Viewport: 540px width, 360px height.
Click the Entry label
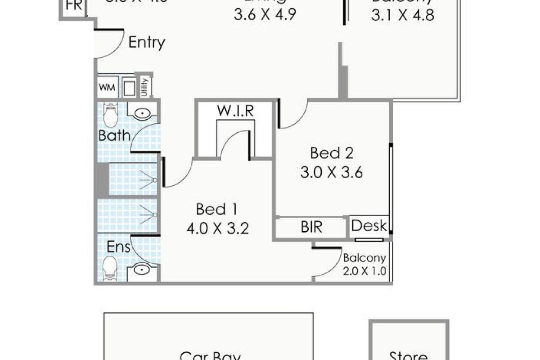(147, 43)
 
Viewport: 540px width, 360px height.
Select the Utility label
(144, 86)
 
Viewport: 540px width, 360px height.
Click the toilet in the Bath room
(109, 115)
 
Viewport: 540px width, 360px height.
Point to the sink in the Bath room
(142, 112)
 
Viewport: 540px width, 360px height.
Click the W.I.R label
(235, 111)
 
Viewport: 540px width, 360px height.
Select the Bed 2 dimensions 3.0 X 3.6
(331, 172)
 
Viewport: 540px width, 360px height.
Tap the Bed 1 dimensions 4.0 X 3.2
(217, 228)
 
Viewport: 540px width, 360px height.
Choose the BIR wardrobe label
(311, 227)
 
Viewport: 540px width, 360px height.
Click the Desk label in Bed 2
(369, 225)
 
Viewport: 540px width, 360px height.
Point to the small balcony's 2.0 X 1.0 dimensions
(364, 272)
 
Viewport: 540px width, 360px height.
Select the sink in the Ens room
(142, 270)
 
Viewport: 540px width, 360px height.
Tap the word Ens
(119, 247)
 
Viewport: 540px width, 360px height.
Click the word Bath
(114, 135)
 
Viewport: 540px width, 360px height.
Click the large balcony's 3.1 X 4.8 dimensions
(402, 15)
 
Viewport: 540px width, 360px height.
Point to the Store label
(408, 356)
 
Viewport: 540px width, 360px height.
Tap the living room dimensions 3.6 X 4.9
(265, 15)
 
